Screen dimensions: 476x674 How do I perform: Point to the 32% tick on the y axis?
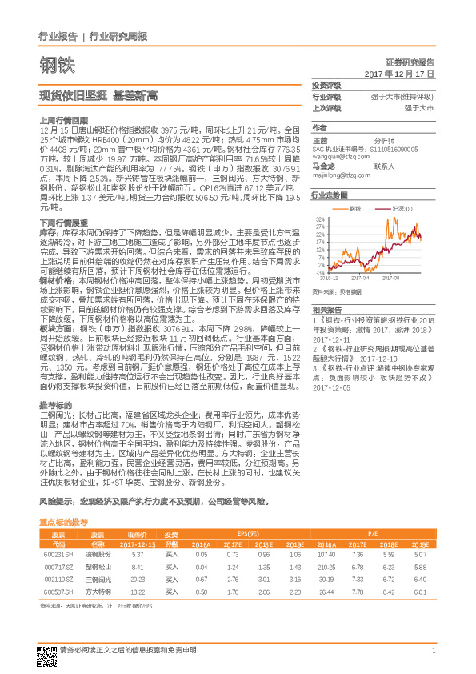click(320, 218)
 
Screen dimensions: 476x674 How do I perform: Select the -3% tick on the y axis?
click(321, 272)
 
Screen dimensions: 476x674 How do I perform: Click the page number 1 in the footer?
click(433, 650)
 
